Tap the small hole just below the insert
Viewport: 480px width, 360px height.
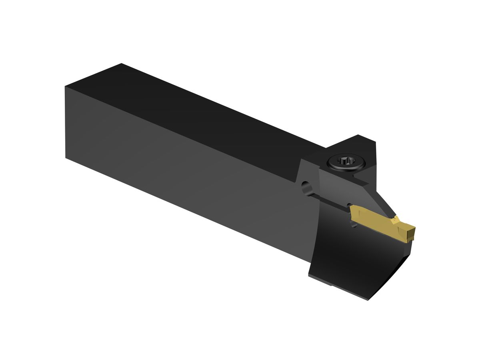(353, 225)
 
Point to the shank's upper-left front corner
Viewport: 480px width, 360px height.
(65, 87)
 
